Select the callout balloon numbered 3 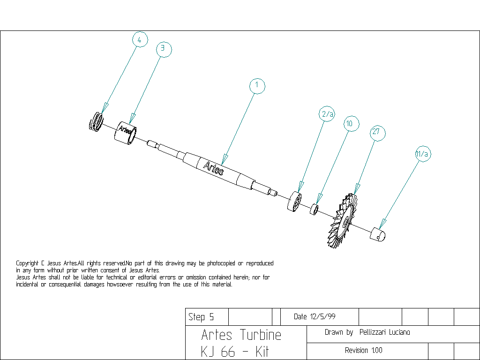(x=163, y=48)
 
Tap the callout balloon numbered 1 (x=257, y=86)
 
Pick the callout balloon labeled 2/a (x=328, y=114)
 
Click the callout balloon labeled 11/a (x=422, y=154)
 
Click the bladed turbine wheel (x=343, y=220)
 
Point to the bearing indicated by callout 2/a (x=294, y=202)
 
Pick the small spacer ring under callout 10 (x=315, y=209)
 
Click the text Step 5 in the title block (x=201, y=317)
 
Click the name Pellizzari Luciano (x=384, y=332)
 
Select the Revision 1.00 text (x=363, y=351)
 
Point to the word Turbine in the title (x=261, y=335)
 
